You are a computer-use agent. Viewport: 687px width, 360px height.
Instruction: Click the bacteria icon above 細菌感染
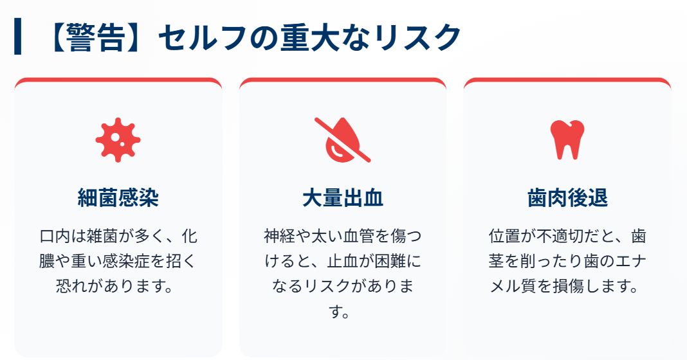[118, 140]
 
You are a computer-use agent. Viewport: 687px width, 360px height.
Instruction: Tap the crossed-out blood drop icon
[342, 139]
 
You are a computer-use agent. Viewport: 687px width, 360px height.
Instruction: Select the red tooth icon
[567, 139]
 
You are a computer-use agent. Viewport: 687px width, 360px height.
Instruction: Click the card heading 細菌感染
[118, 198]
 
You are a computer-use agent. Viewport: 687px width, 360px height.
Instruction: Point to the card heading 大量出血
[342, 198]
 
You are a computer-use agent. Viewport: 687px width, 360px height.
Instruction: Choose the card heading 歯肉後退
[567, 198]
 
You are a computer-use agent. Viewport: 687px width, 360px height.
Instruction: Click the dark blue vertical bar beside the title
[17, 37]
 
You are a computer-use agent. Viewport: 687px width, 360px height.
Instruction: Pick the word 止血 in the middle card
[346, 260]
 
